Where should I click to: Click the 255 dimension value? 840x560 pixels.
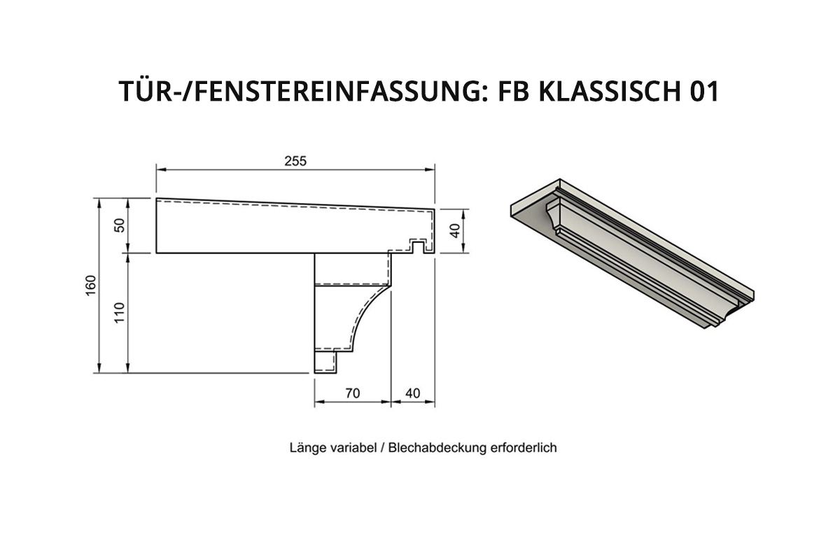(295, 161)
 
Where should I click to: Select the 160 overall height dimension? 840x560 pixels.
(91, 286)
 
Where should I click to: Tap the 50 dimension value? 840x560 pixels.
(119, 225)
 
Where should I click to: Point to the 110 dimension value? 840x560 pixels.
(119, 313)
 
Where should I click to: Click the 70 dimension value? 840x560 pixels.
(353, 393)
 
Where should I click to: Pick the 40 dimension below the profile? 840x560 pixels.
(412, 393)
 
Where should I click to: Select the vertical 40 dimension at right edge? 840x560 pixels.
(454, 231)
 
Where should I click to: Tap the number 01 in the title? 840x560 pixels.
(704, 91)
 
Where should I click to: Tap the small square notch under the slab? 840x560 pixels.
(419, 247)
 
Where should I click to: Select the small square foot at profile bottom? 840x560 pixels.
(325, 362)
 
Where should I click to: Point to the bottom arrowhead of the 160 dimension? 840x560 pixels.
(99, 367)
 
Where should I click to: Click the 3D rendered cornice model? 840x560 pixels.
(632, 253)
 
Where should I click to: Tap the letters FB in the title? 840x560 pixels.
(513, 91)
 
